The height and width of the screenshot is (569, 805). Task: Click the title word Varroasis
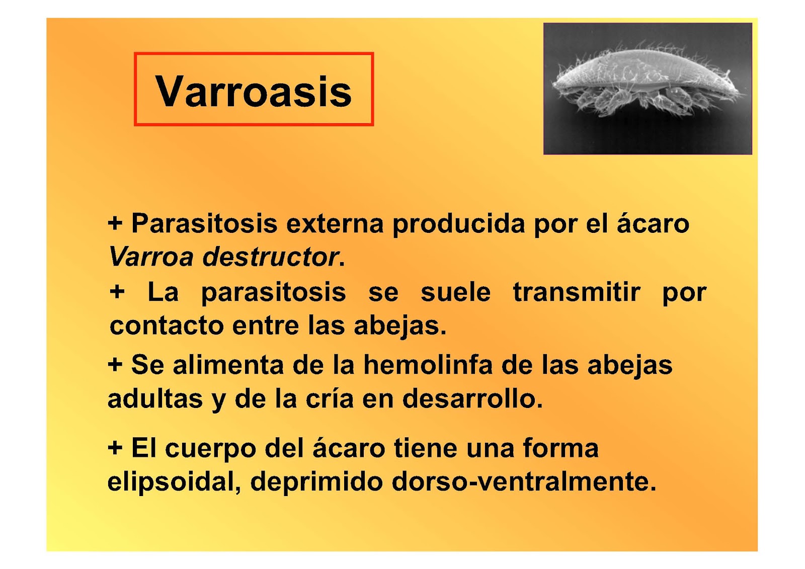(254, 91)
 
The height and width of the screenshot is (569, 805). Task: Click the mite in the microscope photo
(647, 81)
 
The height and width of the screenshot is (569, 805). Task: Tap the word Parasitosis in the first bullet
(204, 223)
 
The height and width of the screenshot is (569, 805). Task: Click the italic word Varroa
(151, 257)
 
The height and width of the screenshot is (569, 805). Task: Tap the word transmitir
(577, 292)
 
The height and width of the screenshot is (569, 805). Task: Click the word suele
(455, 292)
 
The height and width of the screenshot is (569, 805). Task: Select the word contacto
(167, 326)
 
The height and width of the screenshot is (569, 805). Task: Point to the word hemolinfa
(428, 365)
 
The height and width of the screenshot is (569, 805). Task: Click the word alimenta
(228, 365)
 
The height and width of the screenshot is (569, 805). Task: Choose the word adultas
(155, 399)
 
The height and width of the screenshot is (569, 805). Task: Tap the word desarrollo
(472, 399)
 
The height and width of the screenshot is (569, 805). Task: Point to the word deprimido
(316, 481)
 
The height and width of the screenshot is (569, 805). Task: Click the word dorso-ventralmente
(524, 481)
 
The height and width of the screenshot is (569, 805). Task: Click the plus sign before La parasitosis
(117, 292)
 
